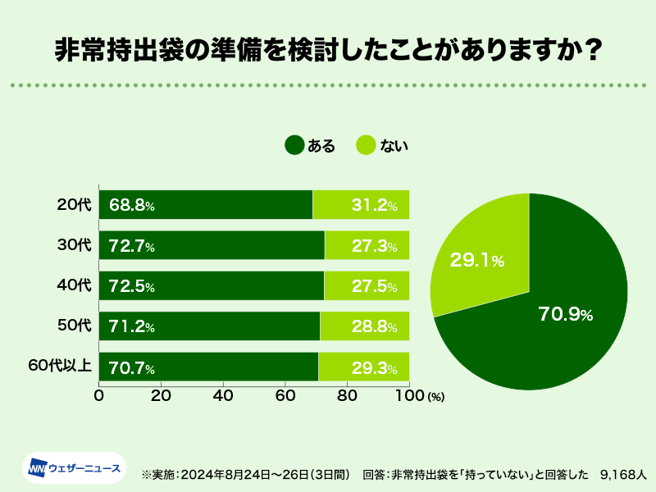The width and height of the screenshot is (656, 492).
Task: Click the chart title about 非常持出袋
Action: tap(328, 50)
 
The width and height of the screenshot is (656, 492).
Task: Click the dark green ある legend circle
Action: tap(294, 146)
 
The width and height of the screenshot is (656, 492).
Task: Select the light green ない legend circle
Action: tap(367, 146)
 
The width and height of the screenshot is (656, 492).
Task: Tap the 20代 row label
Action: tap(75, 205)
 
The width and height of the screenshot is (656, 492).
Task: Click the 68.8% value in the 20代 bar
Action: tap(132, 206)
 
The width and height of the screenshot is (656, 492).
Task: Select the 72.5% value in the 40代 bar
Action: tap(132, 287)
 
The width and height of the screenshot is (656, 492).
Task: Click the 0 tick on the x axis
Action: tap(99, 395)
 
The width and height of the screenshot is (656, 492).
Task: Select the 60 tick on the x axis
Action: tap(285, 395)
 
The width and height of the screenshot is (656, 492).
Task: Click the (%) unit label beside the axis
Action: tap(435, 397)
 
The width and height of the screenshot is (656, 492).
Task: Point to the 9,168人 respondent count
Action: tap(624, 474)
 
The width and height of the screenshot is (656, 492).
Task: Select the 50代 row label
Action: tap(75, 326)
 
